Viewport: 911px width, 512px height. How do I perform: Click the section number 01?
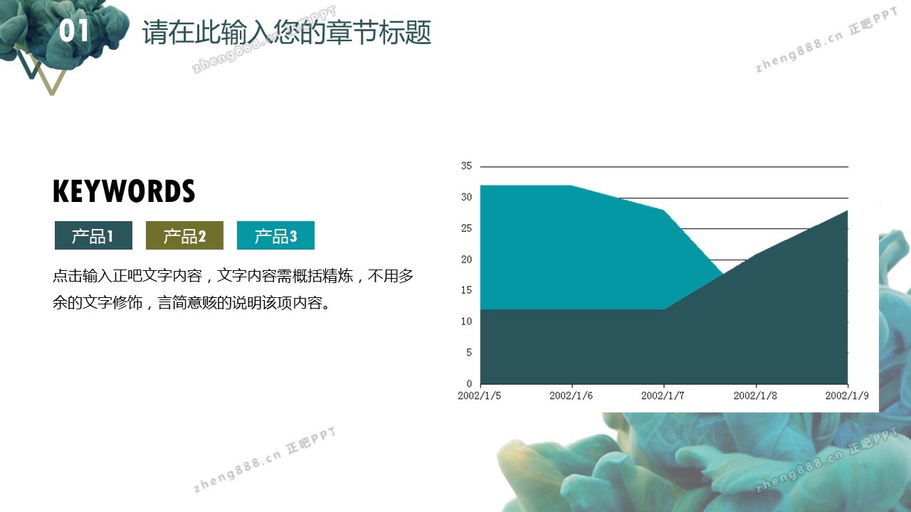tap(74, 31)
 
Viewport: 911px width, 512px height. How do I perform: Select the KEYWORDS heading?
tap(124, 191)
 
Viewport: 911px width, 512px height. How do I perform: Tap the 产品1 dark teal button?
tap(93, 235)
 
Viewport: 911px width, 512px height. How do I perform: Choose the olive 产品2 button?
tap(184, 235)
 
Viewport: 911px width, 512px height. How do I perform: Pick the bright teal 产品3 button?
tap(275, 235)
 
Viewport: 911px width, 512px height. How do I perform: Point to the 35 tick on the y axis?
tap(466, 166)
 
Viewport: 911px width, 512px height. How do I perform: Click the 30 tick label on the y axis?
tap(466, 197)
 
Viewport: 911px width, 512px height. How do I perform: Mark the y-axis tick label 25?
tap(466, 228)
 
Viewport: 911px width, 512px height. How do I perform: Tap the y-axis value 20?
tap(466, 260)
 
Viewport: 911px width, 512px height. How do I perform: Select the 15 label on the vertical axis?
tap(466, 290)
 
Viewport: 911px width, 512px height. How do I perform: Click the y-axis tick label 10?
tap(466, 321)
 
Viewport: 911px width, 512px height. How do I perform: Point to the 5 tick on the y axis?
tap(469, 352)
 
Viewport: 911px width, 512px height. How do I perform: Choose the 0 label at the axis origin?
tap(469, 383)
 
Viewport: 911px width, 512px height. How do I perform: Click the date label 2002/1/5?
tap(480, 396)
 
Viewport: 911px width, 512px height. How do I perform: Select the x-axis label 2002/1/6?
tap(571, 396)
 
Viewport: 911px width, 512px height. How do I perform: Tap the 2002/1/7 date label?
tap(663, 396)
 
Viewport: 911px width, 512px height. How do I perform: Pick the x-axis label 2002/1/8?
tap(755, 396)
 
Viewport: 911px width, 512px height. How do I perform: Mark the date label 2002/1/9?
tap(847, 396)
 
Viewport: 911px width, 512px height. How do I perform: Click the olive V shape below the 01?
tap(59, 82)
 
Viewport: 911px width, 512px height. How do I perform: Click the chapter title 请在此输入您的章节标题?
tap(287, 32)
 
